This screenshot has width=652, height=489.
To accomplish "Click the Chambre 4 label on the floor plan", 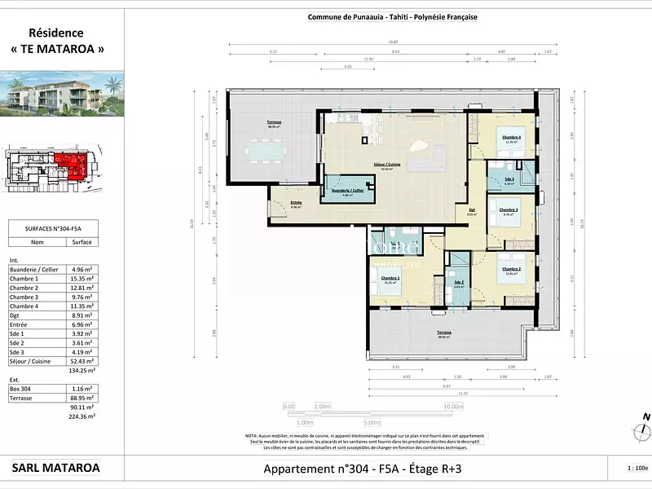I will point(512,138).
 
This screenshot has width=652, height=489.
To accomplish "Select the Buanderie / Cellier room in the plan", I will point(346,192).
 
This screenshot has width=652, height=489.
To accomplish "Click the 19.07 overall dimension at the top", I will point(392,42).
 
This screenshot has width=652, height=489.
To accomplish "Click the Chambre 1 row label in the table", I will point(24,278).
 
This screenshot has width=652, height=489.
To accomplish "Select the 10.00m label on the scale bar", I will point(452,406).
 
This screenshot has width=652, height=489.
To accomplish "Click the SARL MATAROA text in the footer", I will point(56,468).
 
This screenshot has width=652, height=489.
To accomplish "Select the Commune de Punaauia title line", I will point(392,16).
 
